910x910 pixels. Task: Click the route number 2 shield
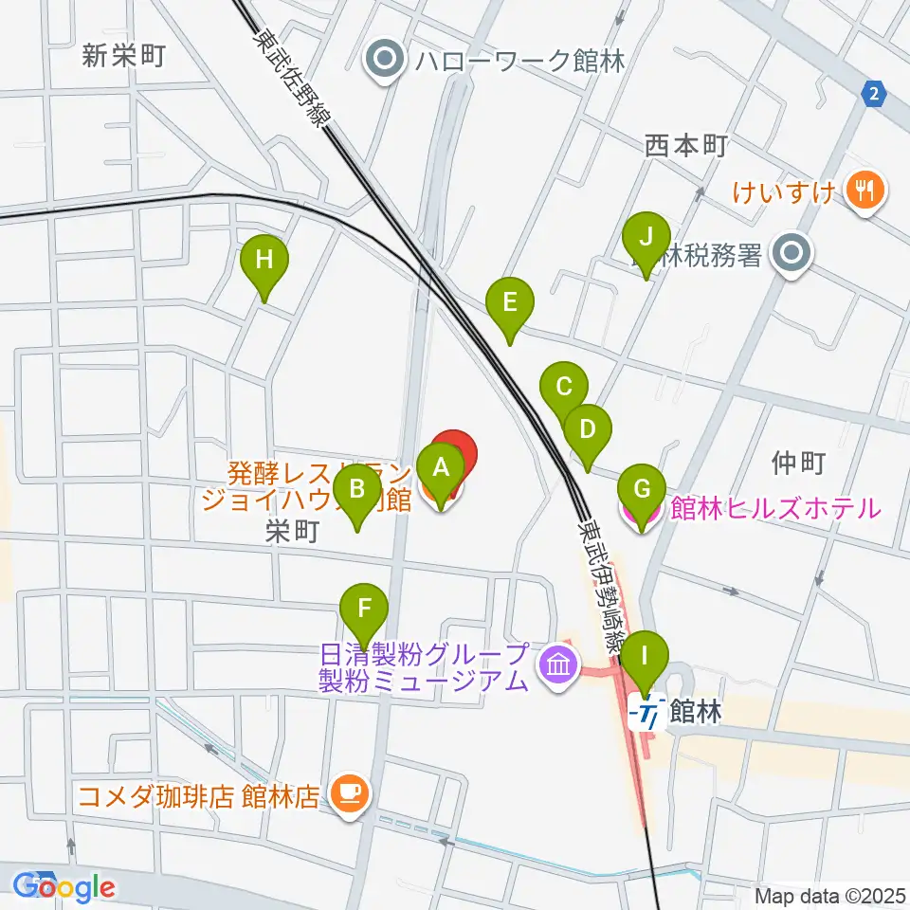click(873, 91)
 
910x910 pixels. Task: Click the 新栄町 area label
click(124, 56)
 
